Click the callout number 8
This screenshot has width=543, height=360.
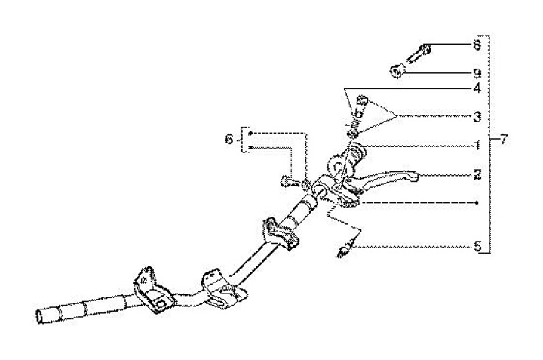point(477,45)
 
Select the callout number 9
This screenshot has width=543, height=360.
point(477,73)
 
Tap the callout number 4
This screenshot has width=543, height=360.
point(477,89)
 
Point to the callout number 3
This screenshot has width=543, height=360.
point(477,118)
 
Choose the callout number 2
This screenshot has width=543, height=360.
point(477,174)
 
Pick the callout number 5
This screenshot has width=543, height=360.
point(477,245)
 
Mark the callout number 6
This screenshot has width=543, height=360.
point(230,140)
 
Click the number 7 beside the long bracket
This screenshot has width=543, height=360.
point(505,140)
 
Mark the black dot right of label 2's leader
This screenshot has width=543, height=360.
point(477,202)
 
